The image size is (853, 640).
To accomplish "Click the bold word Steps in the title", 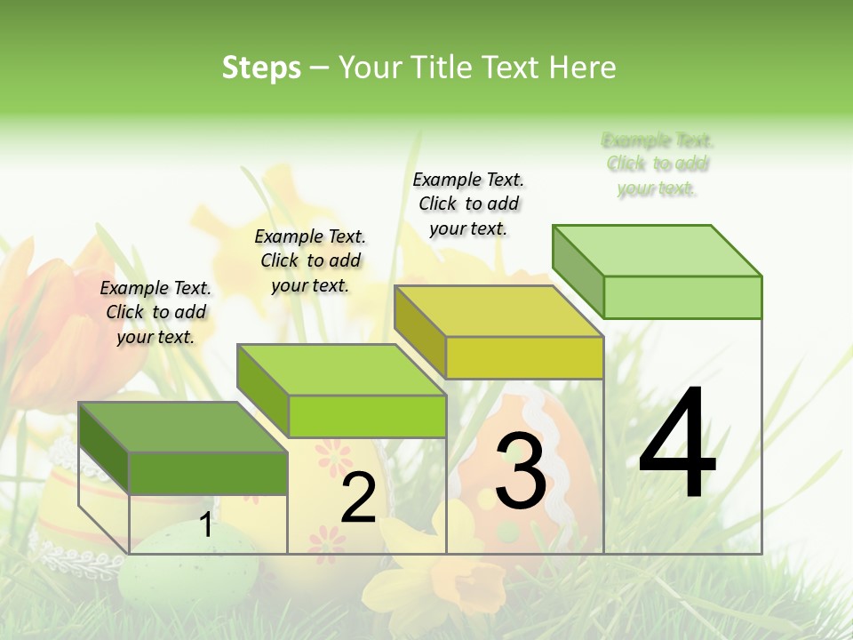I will [261, 68].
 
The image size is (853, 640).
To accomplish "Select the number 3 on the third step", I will [521, 471].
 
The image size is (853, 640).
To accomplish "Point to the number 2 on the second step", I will [359, 498].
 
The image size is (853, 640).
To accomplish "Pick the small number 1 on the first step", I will [205, 525].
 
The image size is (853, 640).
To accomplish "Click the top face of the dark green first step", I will [182, 427].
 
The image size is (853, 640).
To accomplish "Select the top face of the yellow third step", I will [498, 311].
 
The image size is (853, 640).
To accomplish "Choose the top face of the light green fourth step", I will [657, 251].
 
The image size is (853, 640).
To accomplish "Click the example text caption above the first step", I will [155, 312].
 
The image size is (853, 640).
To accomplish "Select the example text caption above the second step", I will [310, 260].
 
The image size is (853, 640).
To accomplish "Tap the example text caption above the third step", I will [468, 204].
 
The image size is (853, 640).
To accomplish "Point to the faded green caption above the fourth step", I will [658, 164].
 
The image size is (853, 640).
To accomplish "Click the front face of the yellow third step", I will [524, 357].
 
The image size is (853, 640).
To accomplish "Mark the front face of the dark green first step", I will [208, 473].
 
